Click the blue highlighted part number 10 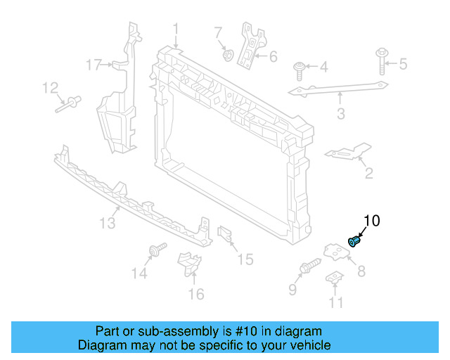[x=355, y=241]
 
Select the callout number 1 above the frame [x=176, y=30]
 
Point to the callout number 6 [x=273, y=56]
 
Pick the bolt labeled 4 [x=300, y=70]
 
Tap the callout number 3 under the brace [x=341, y=113]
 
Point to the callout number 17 [x=94, y=65]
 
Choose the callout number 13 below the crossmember [x=106, y=224]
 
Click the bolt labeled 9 [x=310, y=268]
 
